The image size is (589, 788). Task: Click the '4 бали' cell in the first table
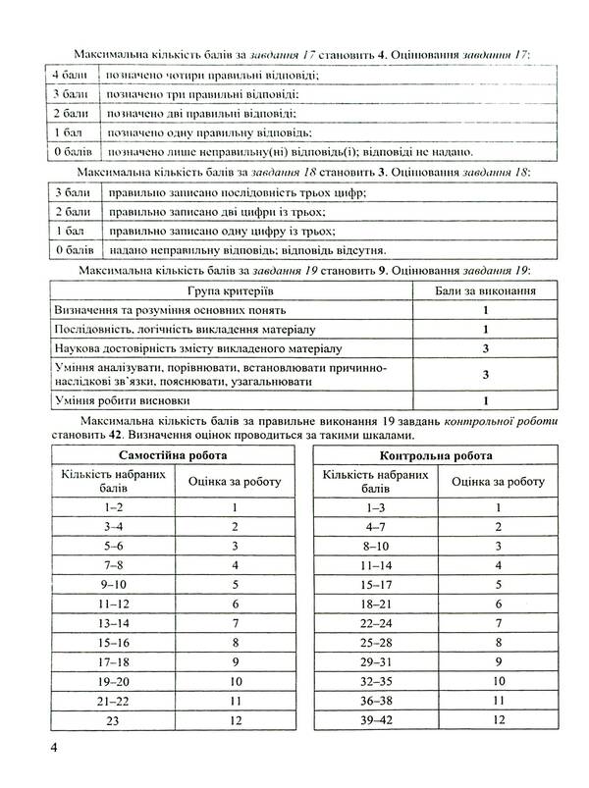68,75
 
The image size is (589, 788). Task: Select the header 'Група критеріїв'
230,291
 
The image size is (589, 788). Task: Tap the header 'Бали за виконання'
485,291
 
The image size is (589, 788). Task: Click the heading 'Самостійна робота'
172,456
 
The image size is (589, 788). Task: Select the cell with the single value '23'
112,721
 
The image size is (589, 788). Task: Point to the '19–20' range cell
112,680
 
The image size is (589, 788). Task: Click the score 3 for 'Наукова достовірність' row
485,348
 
